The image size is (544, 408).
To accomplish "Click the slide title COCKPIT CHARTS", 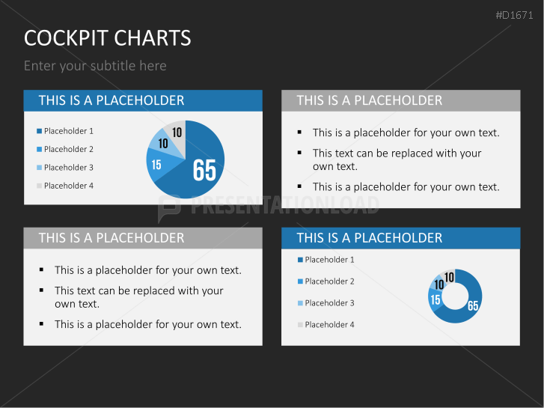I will pos(107,38).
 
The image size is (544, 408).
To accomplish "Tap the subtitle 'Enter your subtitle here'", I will pos(95,66).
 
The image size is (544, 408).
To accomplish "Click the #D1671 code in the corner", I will pos(516,15).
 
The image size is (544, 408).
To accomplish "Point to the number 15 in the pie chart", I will pos(156,164).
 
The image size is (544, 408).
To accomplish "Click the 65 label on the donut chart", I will pos(473,305).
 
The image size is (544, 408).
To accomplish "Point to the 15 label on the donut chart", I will pos(435,300).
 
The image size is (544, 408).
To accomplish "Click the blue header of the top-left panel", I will pos(143,100).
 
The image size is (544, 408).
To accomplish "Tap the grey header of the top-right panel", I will pos(400,100).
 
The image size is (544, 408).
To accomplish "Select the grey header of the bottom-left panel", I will pos(143,238).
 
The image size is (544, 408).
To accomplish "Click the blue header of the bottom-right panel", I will pos(400,238).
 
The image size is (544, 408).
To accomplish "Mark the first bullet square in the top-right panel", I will pos(299,133).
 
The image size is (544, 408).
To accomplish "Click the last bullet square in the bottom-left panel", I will pos(41,323).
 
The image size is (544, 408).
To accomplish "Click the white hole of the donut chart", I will pos(455,296).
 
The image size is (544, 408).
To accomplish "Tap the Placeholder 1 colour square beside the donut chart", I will pos(300,260).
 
